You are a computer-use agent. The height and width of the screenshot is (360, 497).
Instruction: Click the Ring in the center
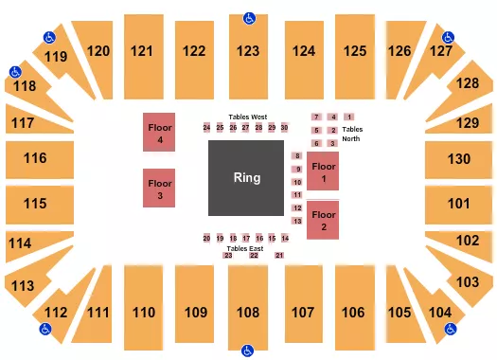pyautogui.click(x=247, y=178)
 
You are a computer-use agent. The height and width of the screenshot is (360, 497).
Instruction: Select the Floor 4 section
pyautogui.click(x=160, y=133)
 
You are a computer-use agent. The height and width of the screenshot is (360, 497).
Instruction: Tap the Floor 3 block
pyautogui.click(x=160, y=188)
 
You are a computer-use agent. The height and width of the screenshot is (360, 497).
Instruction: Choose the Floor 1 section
pyautogui.click(x=323, y=172)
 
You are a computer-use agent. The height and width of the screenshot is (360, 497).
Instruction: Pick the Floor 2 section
pyautogui.click(x=323, y=222)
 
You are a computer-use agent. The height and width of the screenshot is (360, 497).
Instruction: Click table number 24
pyautogui.click(x=206, y=128)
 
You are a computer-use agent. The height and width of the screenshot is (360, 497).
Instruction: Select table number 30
pyautogui.click(x=284, y=128)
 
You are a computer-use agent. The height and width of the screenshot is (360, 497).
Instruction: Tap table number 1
pyautogui.click(x=349, y=117)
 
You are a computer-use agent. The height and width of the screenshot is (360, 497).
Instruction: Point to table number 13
pyautogui.click(x=297, y=221)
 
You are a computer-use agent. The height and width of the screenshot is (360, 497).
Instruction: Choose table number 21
pyautogui.click(x=279, y=256)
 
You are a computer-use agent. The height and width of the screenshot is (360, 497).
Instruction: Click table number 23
pyautogui.click(x=228, y=256)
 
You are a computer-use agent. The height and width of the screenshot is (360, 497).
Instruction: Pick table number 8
pyautogui.click(x=297, y=155)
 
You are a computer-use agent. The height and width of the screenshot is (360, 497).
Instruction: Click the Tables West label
pyautogui.click(x=247, y=117)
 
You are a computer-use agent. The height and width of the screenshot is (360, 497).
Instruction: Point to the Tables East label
pyautogui.click(x=243, y=247)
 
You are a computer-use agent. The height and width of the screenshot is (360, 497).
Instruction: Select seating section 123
pyautogui.click(x=248, y=51)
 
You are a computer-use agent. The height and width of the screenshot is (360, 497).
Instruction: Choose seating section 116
pyautogui.click(x=35, y=158)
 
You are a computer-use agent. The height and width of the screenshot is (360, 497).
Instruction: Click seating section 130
pyautogui.click(x=459, y=158)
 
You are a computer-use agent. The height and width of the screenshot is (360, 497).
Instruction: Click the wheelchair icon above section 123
pyautogui.click(x=249, y=17)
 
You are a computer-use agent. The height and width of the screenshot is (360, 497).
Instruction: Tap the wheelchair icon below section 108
pyautogui.click(x=248, y=349)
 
